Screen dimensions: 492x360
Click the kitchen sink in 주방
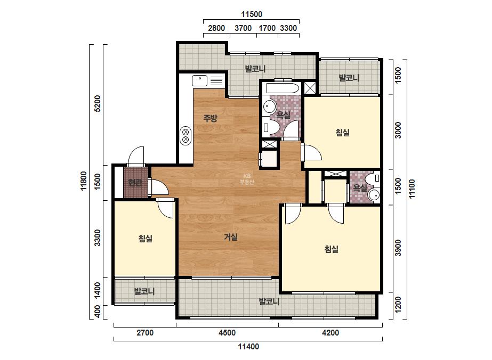199,80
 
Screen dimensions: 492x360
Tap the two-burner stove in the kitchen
185,136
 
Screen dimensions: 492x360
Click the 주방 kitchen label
210,118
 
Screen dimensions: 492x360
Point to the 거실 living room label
231,237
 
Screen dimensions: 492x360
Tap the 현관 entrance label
135,183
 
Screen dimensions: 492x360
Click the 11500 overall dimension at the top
252,14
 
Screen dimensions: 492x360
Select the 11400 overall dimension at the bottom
248,347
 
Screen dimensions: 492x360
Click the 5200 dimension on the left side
98,103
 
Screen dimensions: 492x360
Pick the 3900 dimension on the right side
398,248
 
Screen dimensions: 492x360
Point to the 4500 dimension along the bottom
227,333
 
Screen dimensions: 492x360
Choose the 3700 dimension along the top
243,28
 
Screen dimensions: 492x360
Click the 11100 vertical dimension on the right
412,188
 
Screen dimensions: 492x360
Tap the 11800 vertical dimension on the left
84,181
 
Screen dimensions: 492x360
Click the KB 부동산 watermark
247,179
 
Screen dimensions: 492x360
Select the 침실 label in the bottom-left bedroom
146,239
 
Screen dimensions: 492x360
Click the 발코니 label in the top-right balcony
349,78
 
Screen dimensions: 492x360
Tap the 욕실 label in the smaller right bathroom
360,188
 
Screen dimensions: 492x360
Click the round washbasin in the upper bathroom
269,106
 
